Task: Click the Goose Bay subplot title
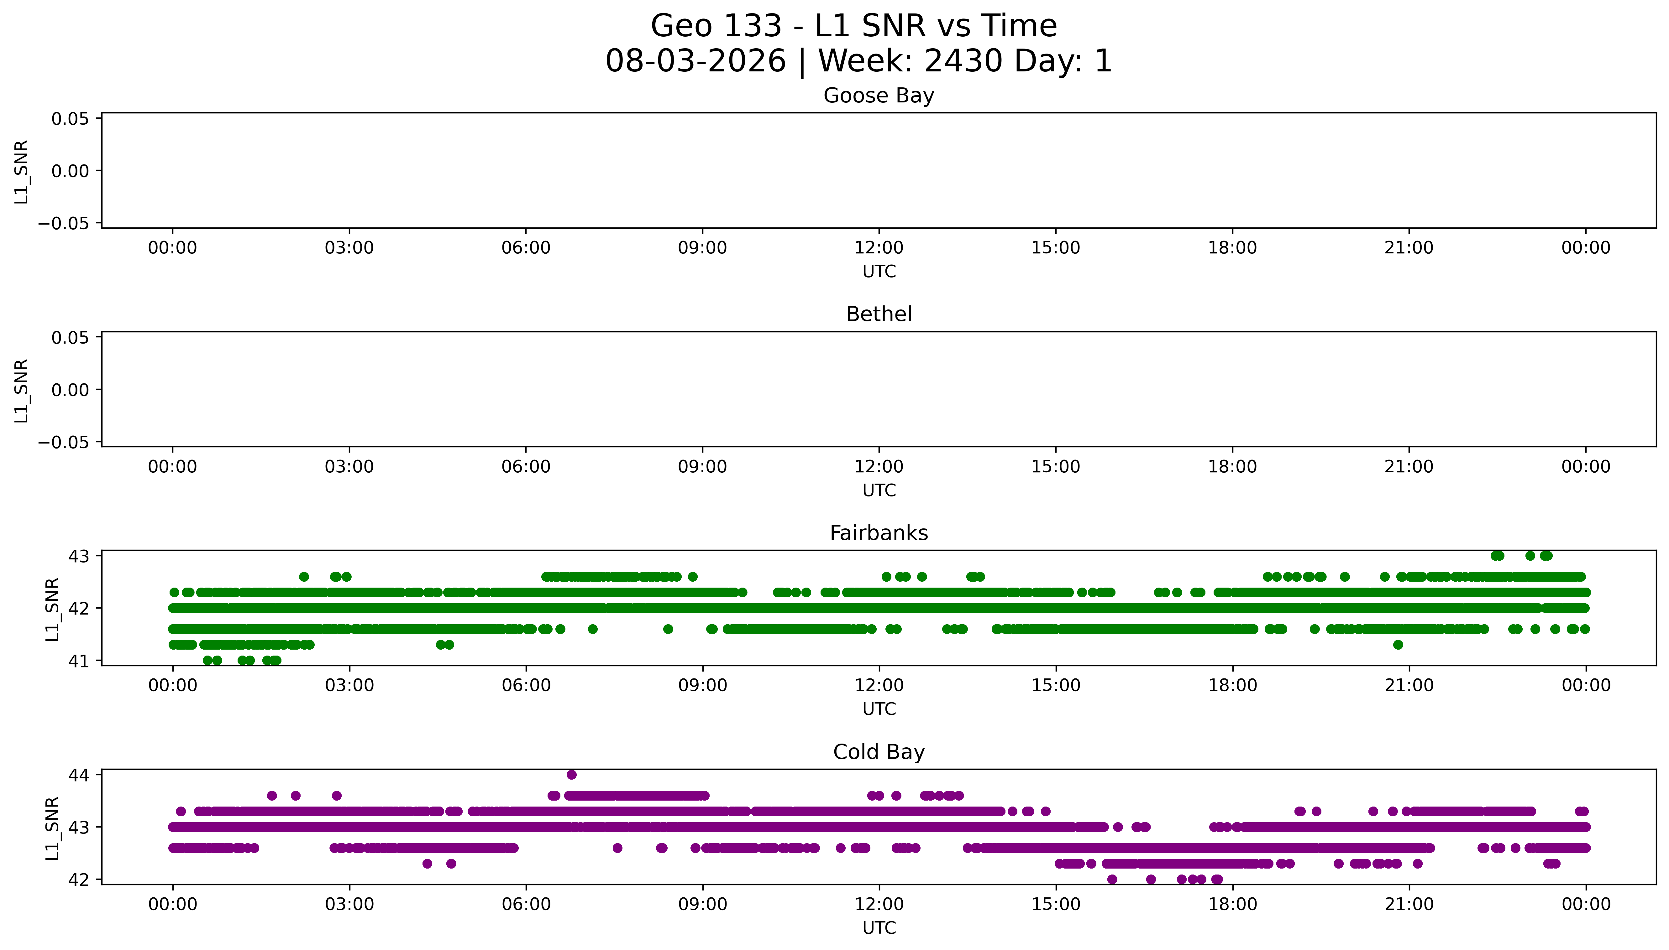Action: tap(879, 96)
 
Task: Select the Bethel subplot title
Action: tap(879, 314)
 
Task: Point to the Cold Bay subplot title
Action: tap(879, 752)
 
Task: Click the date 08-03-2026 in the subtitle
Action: tap(696, 61)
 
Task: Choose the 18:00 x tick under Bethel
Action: tap(1232, 466)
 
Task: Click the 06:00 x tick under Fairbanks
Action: tap(526, 686)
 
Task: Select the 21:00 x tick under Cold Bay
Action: tap(1409, 904)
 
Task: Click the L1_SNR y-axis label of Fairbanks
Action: tap(53, 610)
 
